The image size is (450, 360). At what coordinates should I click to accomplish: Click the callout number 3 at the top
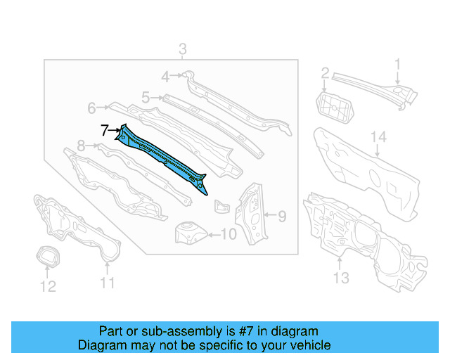click(x=182, y=49)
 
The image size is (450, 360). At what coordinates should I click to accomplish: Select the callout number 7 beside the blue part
click(x=104, y=130)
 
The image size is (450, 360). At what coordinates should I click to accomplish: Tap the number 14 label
click(x=378, y=137)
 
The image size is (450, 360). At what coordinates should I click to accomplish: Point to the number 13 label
click(x=340, y=278)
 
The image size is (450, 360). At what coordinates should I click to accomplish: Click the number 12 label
click(x=47, y=285)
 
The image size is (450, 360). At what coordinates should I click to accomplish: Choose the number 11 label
click(x=106, y=283)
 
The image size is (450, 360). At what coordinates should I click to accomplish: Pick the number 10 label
click(x=229, y=234)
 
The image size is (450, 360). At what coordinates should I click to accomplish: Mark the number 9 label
click(x=281, y=216)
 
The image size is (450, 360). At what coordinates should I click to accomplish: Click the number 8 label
click(x=81, y=146)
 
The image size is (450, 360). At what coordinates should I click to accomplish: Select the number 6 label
click(x=91, y=108)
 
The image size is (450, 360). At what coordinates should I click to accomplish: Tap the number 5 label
click(x=146, y=98)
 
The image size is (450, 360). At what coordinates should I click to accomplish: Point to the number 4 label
click(x=165, y=77)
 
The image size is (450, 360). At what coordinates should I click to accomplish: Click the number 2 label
click(x=325, y=72)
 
